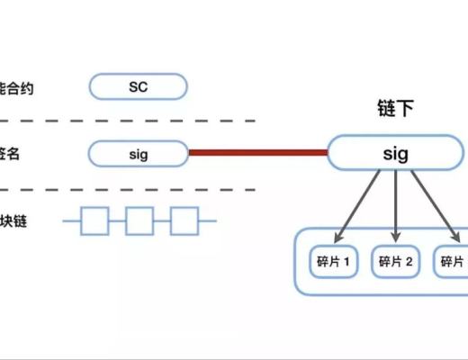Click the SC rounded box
[x=138, y=87]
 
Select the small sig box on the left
[x=138, y=153]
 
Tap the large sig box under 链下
[x=395, y=153]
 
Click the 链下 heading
[x=395, y=111]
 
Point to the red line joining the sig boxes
[x=256, y=153]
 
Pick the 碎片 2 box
[x=395, y=262]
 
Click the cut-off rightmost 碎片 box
[x=452, y=262]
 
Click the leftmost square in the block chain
[x=94, y=220]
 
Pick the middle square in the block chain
[x=139, y=220]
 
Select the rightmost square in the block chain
[x=184, y=220]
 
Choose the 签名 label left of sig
[x=11, y=154]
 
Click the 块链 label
[x=13, y=220]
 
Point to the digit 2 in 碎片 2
[x=409, y=263]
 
